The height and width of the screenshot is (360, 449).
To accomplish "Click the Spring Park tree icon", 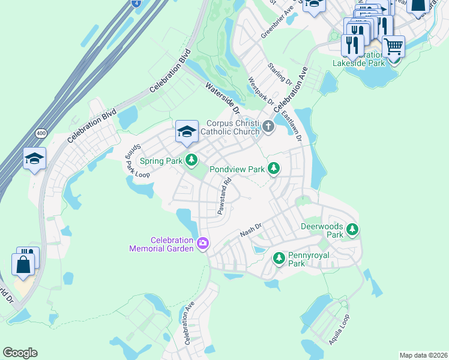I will tap(191, 160).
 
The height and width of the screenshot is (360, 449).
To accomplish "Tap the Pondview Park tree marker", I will tap(274, 169).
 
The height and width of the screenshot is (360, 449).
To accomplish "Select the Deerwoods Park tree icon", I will tap(352, 229).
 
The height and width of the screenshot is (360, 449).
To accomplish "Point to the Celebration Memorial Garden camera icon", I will tap(203, 243).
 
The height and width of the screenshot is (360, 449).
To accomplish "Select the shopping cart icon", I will tap(393, 46).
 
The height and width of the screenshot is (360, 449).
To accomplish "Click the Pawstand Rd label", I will tap(224, 196).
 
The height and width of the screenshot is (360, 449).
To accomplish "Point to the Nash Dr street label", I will tap(251, 229).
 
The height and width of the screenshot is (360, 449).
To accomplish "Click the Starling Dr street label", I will tap(280, 73).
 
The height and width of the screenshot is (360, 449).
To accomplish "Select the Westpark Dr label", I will tap(261, 93).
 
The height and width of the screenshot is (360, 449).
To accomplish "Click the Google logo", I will tap(20, 353).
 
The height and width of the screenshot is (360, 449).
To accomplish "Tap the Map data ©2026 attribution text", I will tap(423, 355).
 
